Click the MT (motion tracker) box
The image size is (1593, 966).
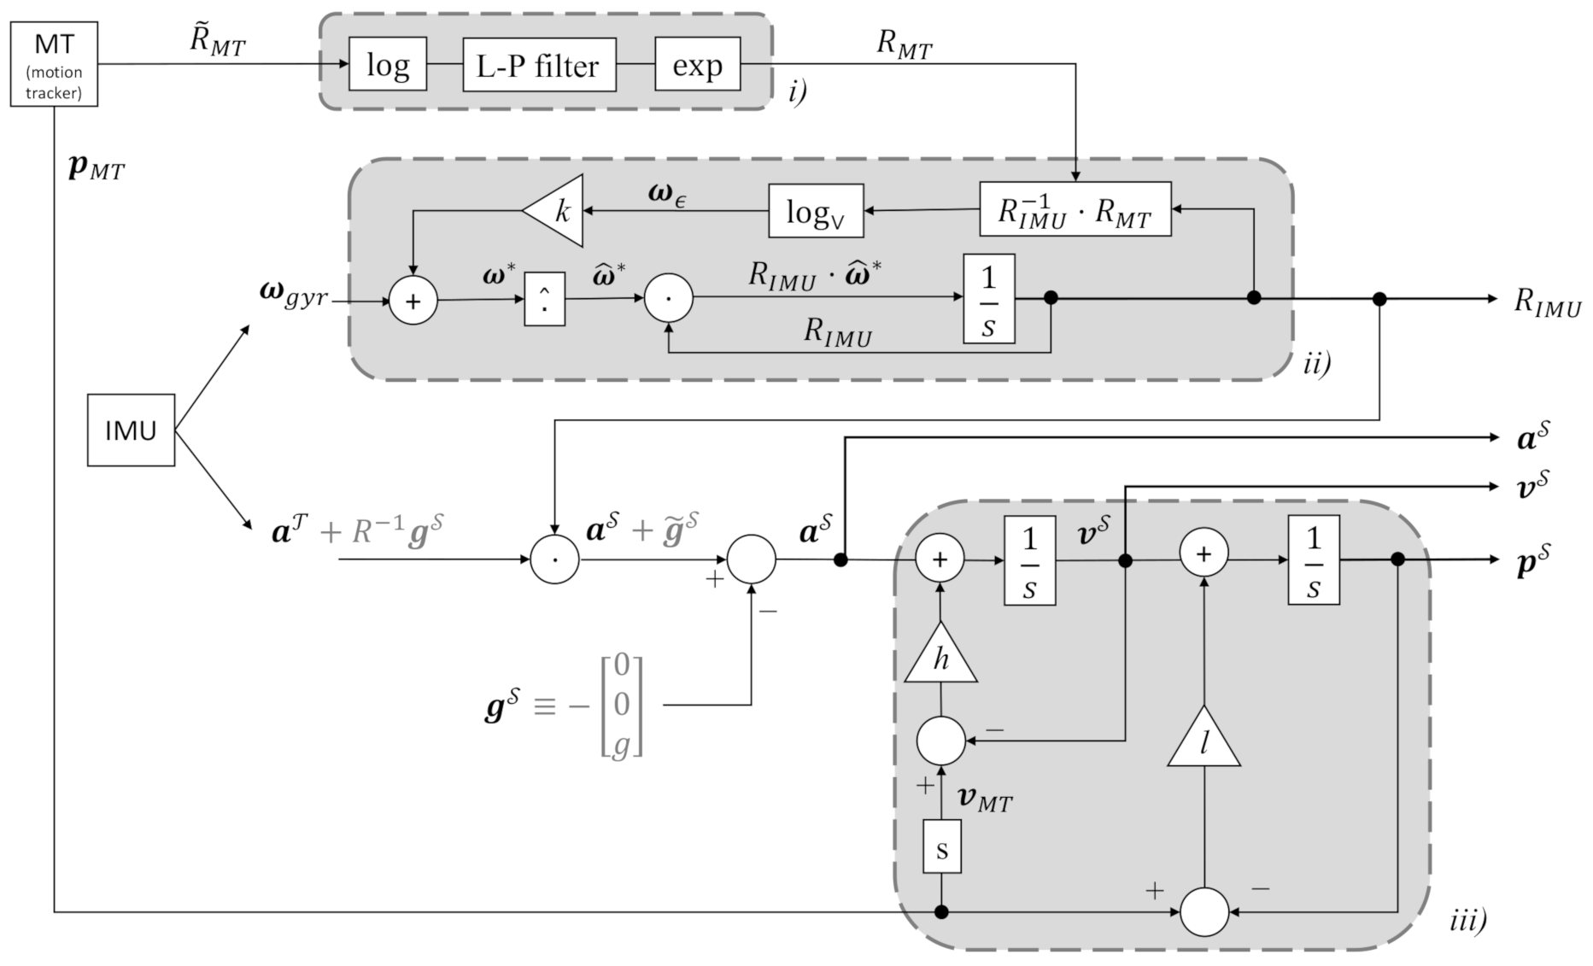click(54, 64)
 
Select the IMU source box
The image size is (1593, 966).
click(131, 430)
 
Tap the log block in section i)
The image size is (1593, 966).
click(388, 65)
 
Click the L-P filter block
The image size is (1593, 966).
click(539, 65)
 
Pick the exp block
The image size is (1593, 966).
click(697, 65)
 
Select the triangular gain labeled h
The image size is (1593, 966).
click(940, 661)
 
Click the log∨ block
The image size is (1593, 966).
click(816, 211)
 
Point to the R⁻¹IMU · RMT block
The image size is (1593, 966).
click(1075, 209)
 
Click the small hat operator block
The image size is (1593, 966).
click(544, 299)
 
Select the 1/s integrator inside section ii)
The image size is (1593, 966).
click(989, 299)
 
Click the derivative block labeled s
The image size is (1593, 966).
click(941, 847)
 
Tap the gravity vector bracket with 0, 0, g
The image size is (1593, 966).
click(621, 705)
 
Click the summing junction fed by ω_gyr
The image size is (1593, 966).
click(413, 302)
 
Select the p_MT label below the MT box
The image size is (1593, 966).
click(96, 167)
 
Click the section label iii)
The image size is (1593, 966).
click(1467, 920)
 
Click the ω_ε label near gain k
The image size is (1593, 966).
click(666, 195)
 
